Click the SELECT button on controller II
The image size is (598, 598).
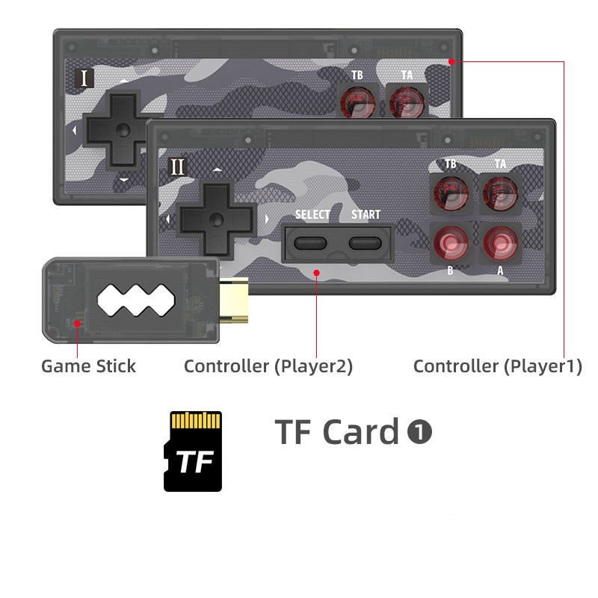[x=312, y=243]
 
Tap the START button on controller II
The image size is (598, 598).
[x=366, y=243]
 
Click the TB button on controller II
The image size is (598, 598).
[x=451, y=192]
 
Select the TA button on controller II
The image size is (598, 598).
[x=499, y=192]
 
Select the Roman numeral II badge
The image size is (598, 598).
[x=177, y=166]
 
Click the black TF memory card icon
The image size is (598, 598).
[x=193, y=451]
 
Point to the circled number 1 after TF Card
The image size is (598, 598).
[x=419, y=431]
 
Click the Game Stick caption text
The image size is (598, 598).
[x=88, y=366]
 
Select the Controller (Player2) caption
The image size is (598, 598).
[x=268, y=366]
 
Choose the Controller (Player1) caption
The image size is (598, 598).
[x=497, y=366]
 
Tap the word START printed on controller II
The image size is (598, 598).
[x=366, y=215]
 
